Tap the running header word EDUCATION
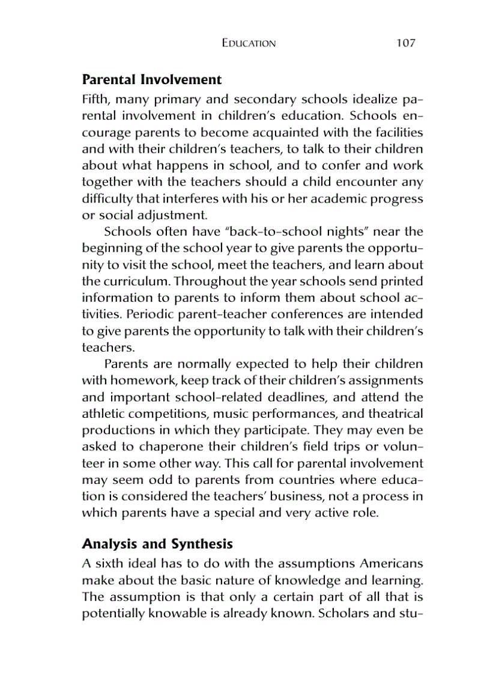coord(249,44)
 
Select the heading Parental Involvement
coord(151,80)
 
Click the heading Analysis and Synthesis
coord(157,545)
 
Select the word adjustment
coord(164,215)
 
